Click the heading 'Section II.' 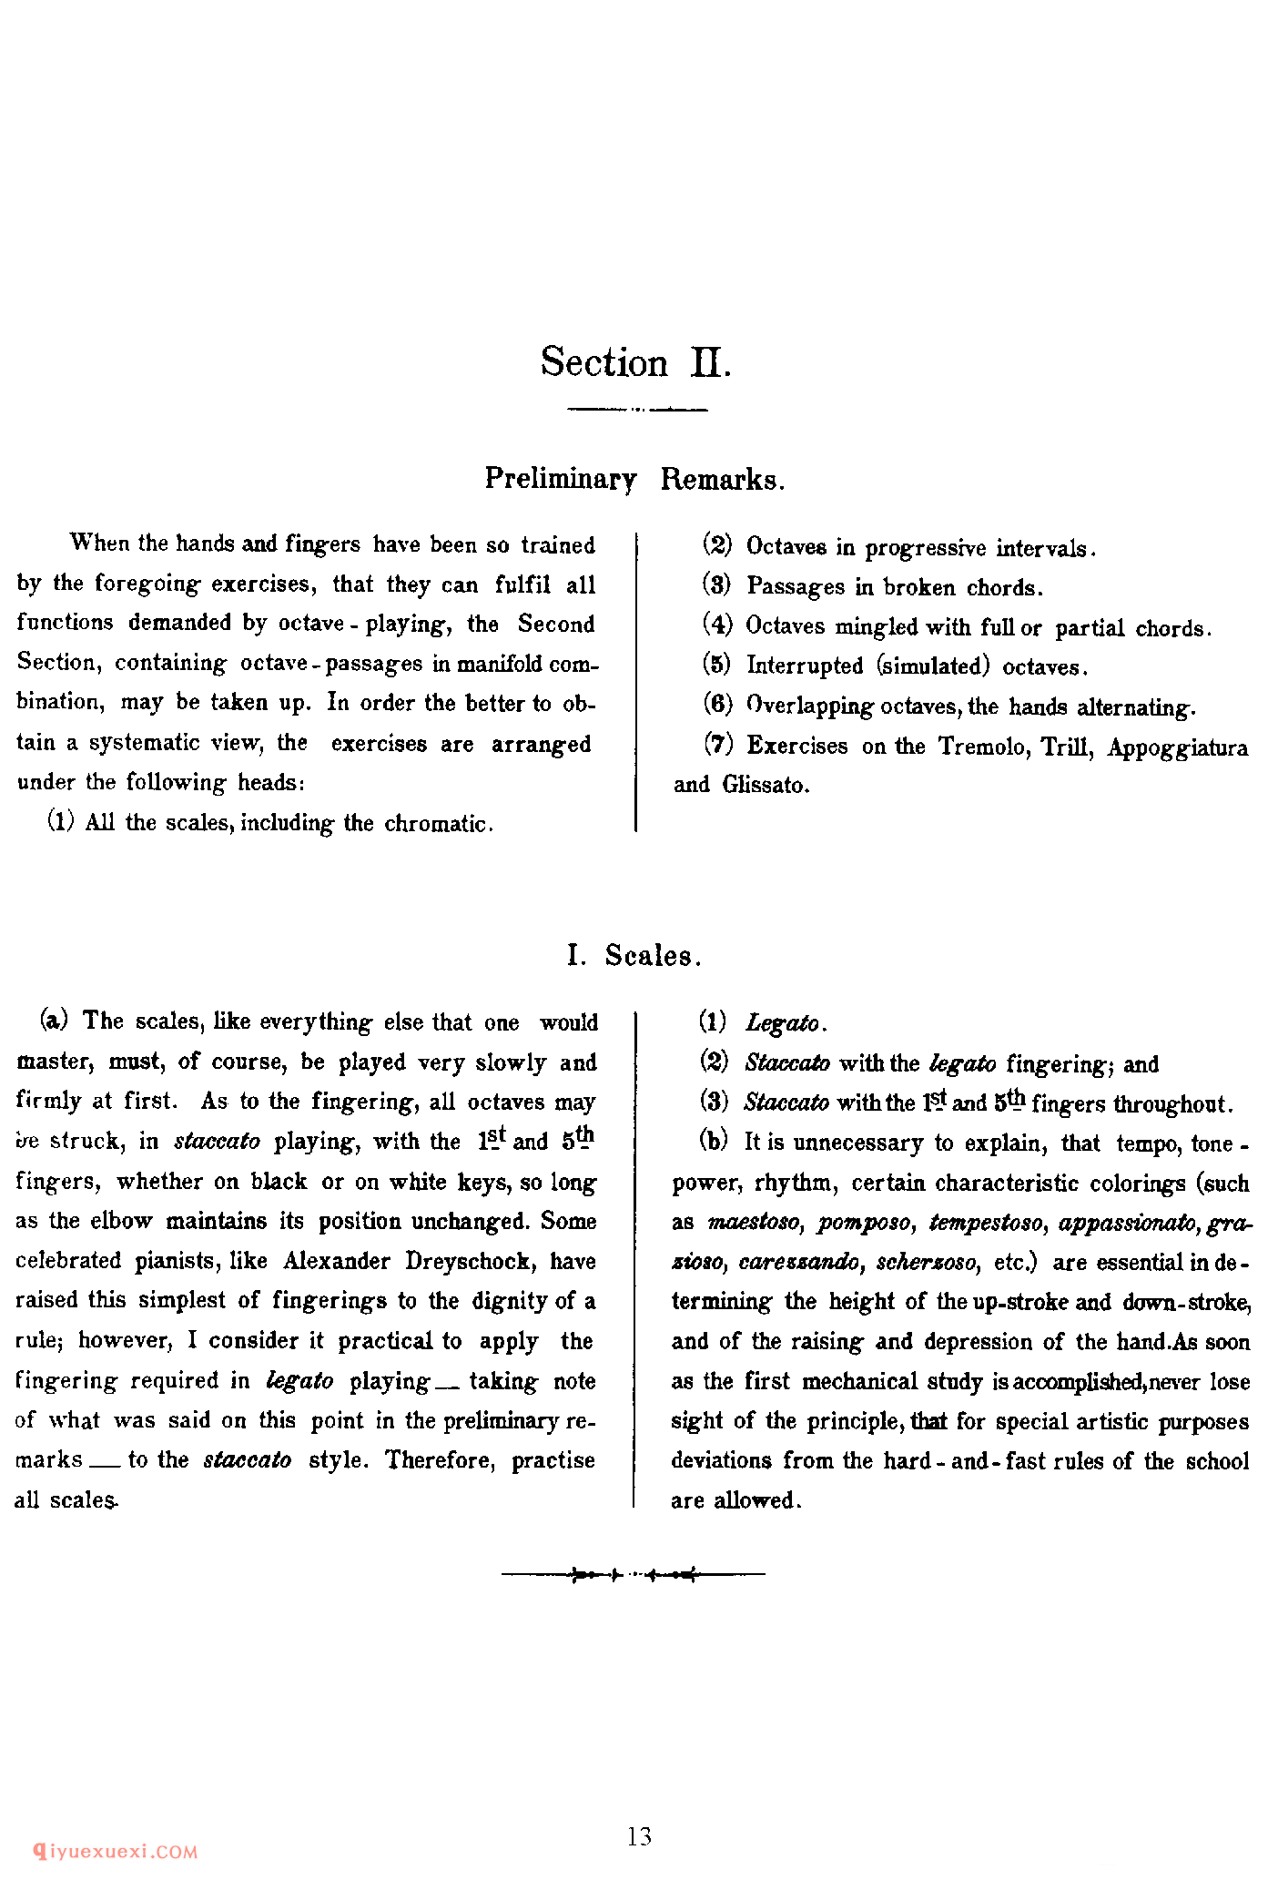635,362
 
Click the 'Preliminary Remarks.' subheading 634,479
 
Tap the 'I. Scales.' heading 634,956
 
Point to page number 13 639,1836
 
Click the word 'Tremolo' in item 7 983,747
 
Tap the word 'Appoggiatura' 1177,748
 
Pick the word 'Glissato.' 766,785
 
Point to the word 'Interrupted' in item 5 805,666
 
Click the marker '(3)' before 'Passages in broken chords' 717,586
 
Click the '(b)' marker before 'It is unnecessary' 714,1142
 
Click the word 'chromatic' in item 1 437,824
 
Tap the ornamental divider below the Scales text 634,1573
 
